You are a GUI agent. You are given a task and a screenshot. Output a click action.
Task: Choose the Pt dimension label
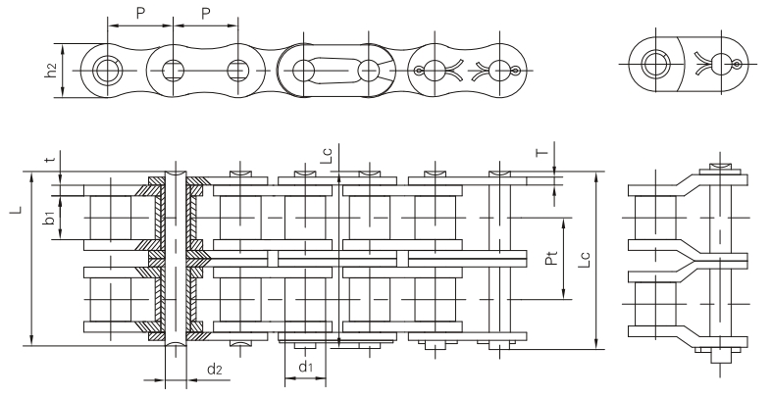(x=550, y=259)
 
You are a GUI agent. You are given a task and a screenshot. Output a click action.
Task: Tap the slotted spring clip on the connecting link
(x=329, y=70)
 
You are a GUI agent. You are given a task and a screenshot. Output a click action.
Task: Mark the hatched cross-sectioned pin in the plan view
(x=176, y=257)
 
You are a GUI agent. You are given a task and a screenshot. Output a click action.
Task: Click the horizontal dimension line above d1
(x=305, y=352)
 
